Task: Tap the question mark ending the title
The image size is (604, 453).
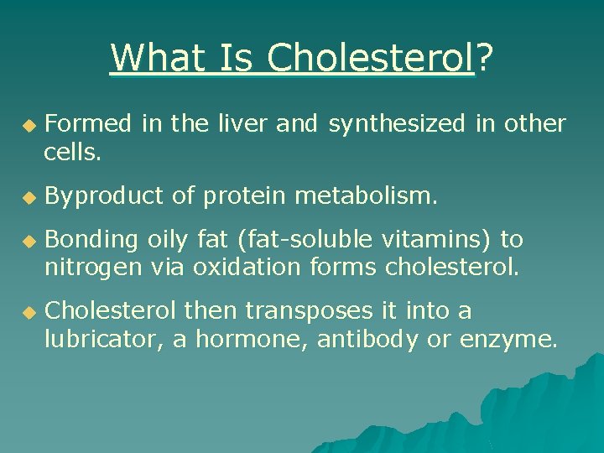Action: pos(484,58)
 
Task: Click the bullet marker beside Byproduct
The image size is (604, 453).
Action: pos(29,197)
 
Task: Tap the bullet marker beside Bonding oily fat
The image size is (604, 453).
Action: pos(29,241)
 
